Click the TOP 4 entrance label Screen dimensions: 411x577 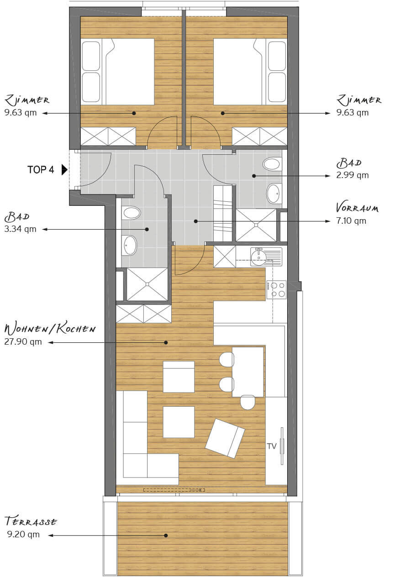click(41, 170)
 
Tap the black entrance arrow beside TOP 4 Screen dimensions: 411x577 click(64, 170)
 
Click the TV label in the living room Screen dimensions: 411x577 click(272, 446)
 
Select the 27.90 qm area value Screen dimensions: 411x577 click(23, 342)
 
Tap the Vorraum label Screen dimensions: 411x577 click(357, 208)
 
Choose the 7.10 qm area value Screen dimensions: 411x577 click(351, 221)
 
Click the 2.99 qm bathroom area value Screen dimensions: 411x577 click(352, 175)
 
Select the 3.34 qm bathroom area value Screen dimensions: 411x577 click(21, 229)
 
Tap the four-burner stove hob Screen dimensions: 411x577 click(276, 289)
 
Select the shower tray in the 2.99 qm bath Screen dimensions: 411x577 click(256, 225)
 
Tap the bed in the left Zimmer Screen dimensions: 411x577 click(117, 72)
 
